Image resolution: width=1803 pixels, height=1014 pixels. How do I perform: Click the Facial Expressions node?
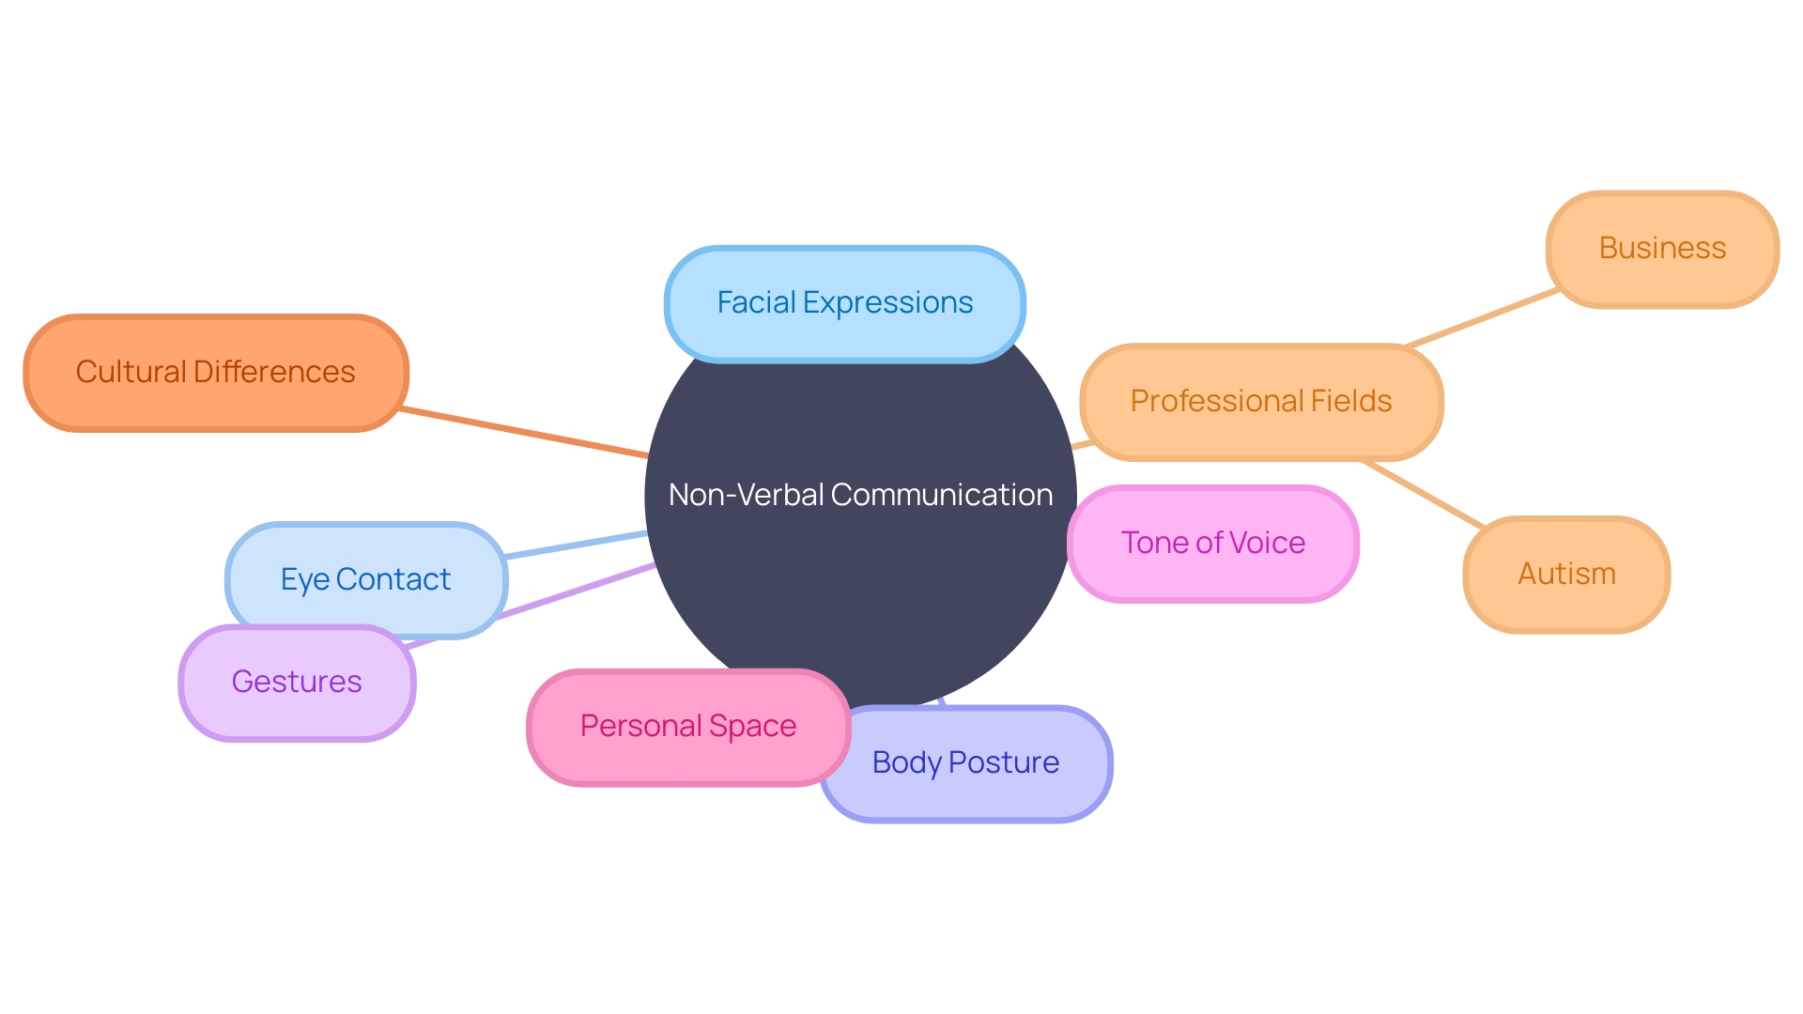(x=844, y=303)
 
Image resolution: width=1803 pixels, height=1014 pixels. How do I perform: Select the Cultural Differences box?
(x=215, y=373)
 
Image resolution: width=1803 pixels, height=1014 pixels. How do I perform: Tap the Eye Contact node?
(x=365, y=579)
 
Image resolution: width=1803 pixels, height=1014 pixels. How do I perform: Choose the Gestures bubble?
(x=296, y=683)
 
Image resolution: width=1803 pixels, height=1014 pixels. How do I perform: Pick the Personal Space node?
(x=687, y=727)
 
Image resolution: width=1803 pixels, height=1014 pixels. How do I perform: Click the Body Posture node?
(x=965, y=763)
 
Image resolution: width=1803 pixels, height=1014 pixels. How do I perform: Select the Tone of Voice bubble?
(x=1212, y=544)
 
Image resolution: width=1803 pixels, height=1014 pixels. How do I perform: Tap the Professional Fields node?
(x=1260, y=402)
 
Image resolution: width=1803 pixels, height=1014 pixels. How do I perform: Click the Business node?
(x=1662, y=249)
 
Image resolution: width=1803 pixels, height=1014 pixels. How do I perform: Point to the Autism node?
(x=1566, y=575)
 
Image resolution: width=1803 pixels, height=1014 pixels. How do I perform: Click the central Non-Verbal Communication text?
(x=860, y=495)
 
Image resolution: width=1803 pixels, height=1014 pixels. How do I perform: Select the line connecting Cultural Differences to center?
(x=526, y=433)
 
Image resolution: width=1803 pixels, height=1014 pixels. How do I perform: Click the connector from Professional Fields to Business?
(x=1484, y=318)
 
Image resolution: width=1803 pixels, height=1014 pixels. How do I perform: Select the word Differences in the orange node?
(x=273, y=373)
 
